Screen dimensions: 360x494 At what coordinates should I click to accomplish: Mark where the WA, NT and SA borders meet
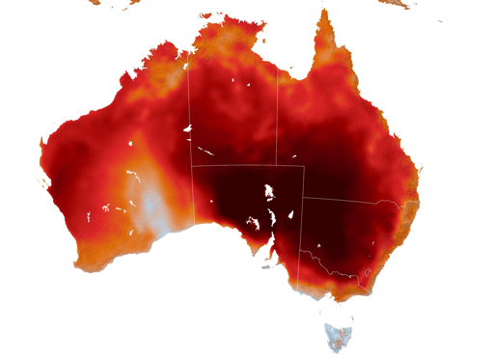coord(192,166)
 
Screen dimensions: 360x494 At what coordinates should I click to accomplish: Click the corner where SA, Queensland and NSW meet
coord(304,199)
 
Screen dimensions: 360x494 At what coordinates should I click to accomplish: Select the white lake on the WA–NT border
coord(188,128)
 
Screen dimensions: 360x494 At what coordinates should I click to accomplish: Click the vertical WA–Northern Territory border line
coord(189,106)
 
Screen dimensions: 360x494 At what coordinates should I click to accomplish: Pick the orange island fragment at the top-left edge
coord(94,3)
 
